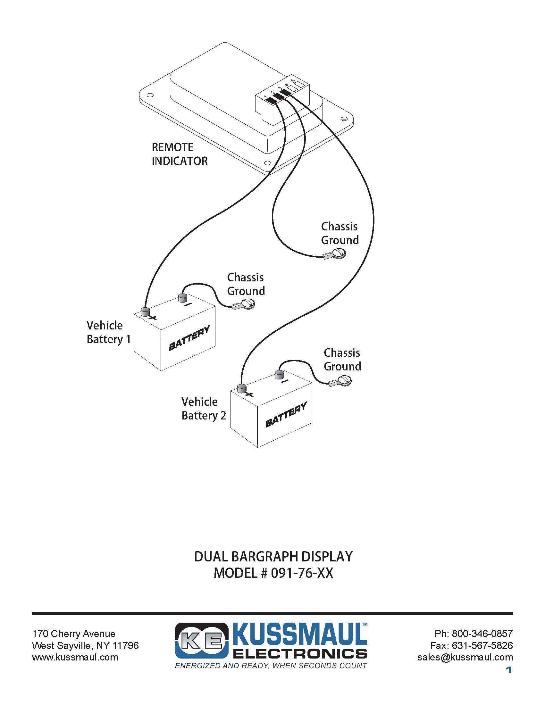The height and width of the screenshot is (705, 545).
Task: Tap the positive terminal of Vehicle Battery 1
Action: click(x=145, y=311)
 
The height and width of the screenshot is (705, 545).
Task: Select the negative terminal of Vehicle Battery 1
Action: click(x=183, y=298)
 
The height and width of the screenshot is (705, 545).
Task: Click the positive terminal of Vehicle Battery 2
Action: click(x=242, y=388)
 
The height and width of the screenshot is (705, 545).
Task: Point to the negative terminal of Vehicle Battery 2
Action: click(x=279, y=374)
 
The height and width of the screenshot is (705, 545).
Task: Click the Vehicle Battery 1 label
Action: click(x=108, y=332)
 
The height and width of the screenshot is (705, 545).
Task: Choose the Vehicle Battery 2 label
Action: click(x=204, y=409)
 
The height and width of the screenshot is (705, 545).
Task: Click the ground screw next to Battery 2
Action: click(x=345, y=381)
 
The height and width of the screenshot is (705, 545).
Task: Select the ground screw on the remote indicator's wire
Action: click(x=339, y=253)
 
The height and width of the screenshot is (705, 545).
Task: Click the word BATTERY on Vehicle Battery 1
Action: click(x=189, y=338)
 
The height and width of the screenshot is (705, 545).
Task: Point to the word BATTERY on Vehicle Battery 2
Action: click(x=286, y=414)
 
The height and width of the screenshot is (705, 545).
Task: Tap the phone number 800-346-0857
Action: click(x=482, y=634)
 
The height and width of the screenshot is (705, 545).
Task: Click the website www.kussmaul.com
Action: click(x=75, y=657)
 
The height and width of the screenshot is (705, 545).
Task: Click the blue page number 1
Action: click(x=509, y=670)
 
